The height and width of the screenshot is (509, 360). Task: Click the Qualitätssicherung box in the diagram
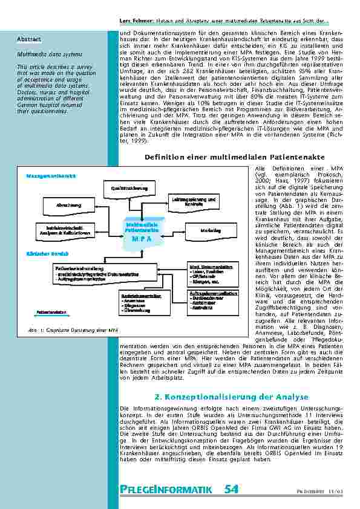pyautogui.click(x=129, y=189)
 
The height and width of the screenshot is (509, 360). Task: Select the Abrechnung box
pyautogui.click(x=68, y=206)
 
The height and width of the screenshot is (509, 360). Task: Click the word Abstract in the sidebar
pyautogui.click(x=28, y=39)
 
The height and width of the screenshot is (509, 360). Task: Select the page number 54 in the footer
pyautogui.click(x=231, y=489)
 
